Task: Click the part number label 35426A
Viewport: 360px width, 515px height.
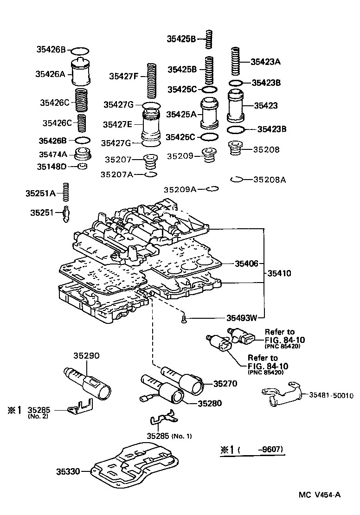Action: click(51, 73)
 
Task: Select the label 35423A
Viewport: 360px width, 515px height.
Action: click(266, 61)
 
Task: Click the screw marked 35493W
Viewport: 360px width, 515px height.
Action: click(183, 319)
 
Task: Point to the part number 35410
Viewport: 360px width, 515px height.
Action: click(279, 273)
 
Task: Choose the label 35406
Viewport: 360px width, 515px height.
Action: click(247, 263)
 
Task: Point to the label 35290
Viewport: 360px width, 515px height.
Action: click(87, 355)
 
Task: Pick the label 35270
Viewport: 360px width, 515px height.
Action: click(225, 383)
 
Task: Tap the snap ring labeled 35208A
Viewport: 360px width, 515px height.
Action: click(237, 179)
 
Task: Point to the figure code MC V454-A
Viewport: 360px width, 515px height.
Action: click(320, 495)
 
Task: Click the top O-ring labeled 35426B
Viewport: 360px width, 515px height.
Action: click(80, 50)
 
